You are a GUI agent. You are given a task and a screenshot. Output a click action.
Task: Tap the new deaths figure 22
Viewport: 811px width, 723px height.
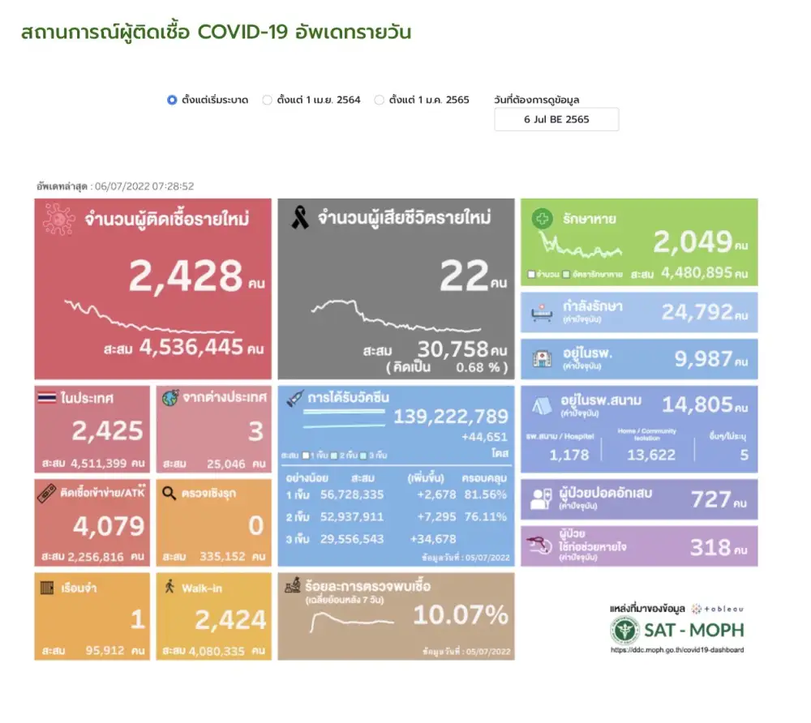463,277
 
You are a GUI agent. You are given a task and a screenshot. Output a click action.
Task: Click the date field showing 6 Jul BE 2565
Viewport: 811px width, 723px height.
556,119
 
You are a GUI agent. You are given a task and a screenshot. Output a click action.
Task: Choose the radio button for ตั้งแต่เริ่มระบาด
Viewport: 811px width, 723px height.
172,101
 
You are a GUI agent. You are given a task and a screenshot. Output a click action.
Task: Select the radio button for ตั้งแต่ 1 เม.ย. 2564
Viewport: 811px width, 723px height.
267,101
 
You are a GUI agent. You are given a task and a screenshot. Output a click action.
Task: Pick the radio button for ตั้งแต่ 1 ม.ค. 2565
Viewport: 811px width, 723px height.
379,101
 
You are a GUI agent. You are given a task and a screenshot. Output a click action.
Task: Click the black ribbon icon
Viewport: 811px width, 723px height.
299,218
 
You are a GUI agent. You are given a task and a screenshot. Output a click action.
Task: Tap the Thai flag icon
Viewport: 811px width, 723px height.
47,398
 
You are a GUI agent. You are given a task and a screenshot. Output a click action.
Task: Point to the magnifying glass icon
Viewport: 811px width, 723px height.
169,492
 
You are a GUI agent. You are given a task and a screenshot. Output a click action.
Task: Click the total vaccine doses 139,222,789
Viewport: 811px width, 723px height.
451,417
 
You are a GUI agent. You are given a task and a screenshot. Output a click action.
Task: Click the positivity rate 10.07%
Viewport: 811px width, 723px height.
461,615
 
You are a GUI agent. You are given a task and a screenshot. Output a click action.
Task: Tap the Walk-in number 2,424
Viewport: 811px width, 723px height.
230,620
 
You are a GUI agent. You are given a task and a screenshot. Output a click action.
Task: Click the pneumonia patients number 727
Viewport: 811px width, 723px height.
710,498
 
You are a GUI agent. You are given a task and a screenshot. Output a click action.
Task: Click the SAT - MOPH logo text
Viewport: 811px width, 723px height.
693,630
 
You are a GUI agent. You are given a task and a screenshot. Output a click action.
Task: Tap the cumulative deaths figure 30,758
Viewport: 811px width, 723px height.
453,349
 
